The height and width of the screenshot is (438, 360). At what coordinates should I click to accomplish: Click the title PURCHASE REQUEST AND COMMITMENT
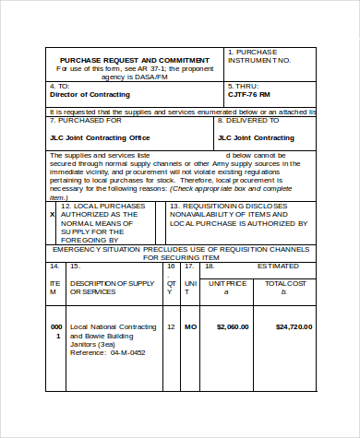point(135,60)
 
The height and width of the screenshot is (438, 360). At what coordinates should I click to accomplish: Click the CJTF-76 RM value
point(249,94)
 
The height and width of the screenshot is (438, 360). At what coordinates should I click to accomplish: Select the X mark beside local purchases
point(52,214)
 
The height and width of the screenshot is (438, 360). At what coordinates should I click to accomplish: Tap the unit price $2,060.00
point(233,326)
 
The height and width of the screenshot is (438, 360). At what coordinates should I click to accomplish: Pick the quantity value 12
point(171,326)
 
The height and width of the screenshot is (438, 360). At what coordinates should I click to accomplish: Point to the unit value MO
point(191,326)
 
